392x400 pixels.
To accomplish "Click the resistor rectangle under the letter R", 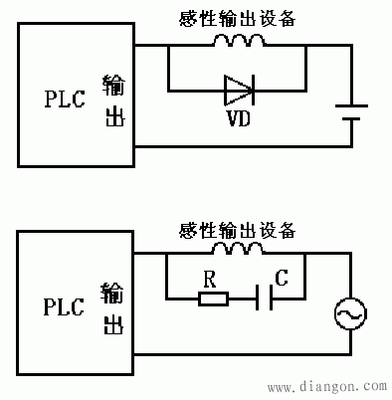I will point(213,296).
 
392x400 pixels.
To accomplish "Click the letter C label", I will point(281,279).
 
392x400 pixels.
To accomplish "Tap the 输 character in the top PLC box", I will point(113,83).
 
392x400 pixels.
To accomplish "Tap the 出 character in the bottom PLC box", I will point(113,324).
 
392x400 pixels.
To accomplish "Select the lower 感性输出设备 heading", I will point(237,230).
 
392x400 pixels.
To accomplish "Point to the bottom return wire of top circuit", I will point(239,148).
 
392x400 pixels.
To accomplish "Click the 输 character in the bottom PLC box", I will point(113,293).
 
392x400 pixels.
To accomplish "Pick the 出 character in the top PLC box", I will point(113,115).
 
